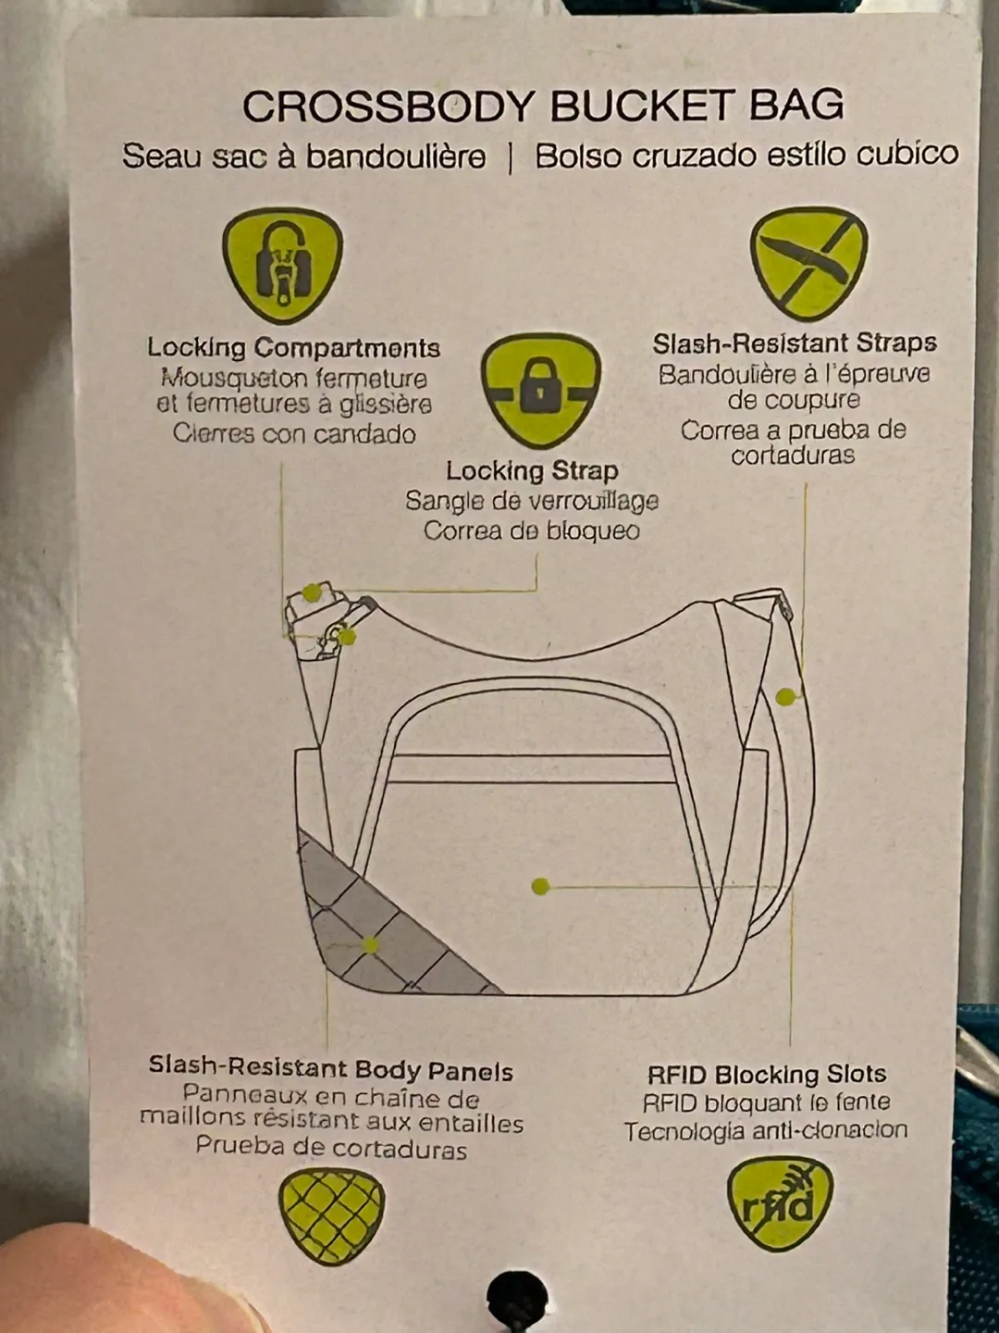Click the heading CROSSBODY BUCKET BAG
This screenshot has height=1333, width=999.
click(543, 106)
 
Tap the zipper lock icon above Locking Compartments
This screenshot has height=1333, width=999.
click(282, 264)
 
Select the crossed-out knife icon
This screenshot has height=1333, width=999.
click(809, 262)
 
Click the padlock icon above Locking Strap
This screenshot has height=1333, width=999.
click(540, 390)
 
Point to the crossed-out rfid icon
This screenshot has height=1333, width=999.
click(780, 1203)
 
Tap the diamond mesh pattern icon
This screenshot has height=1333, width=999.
click(331, 1215)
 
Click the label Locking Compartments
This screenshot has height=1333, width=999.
click(293, 348)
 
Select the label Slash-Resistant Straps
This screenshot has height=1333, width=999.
click(795, 343)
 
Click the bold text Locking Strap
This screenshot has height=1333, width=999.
click(532, 470)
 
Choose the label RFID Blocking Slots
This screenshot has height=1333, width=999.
click(766, 1074)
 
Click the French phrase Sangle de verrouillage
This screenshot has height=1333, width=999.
click(532, 501)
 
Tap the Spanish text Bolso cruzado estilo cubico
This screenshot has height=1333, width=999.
click(746, 155)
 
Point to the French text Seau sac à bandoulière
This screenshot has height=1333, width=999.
click(304, 156)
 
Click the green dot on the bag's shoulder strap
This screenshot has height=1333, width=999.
click(785, 696)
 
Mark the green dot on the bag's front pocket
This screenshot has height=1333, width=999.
click(541, 886)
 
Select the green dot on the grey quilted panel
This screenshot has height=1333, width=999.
click(370, 945)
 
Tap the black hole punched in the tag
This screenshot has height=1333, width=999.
click(515, 1296)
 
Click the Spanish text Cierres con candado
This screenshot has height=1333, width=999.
click(294, 433)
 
